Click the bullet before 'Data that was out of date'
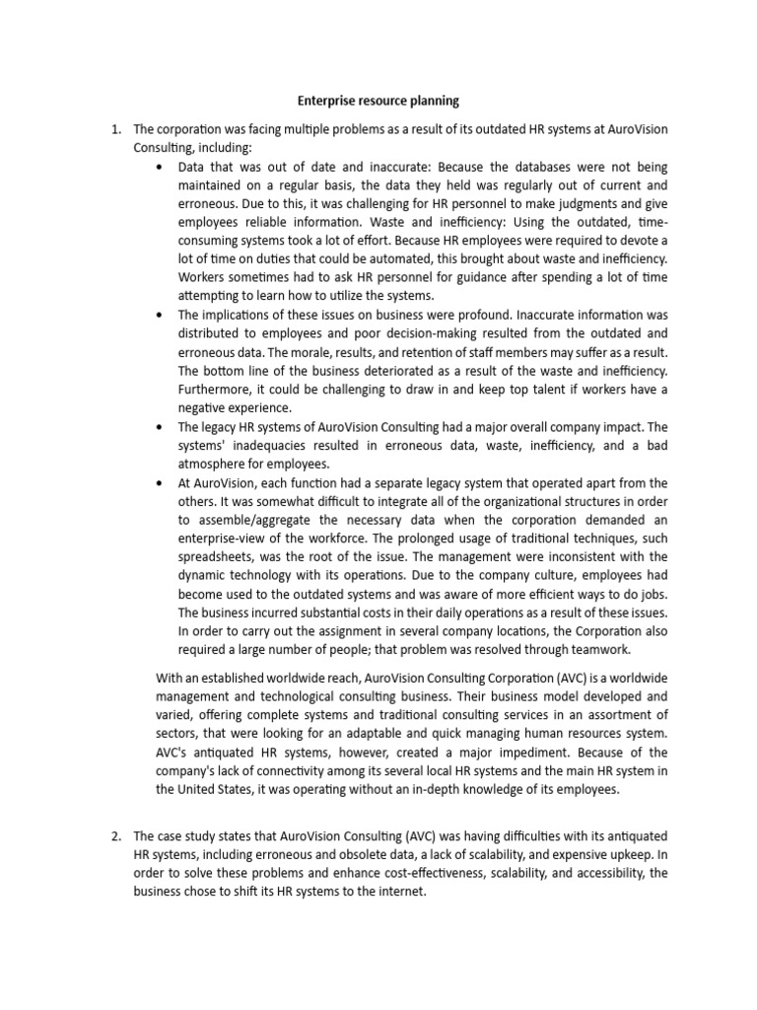161,167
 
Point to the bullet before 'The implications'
161,315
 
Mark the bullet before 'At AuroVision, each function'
161,483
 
